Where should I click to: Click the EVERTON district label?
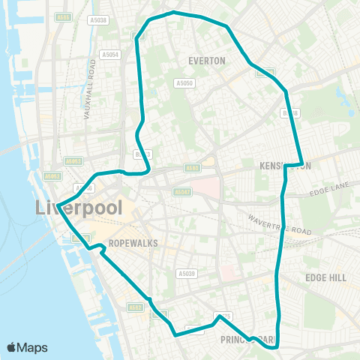(207, 61)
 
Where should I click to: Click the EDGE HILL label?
(325, 277)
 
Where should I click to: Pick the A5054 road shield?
(109, 54)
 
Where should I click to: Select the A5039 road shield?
(187, 274)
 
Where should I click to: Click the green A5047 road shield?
(182, 192)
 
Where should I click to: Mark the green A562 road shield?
(135, 306)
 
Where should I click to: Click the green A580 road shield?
(192, 168)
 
